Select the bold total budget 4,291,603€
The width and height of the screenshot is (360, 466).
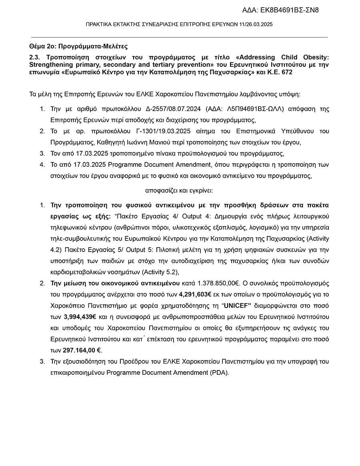click(x=195, y=294)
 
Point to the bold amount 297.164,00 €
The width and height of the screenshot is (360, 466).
click(x=82, y=350)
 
